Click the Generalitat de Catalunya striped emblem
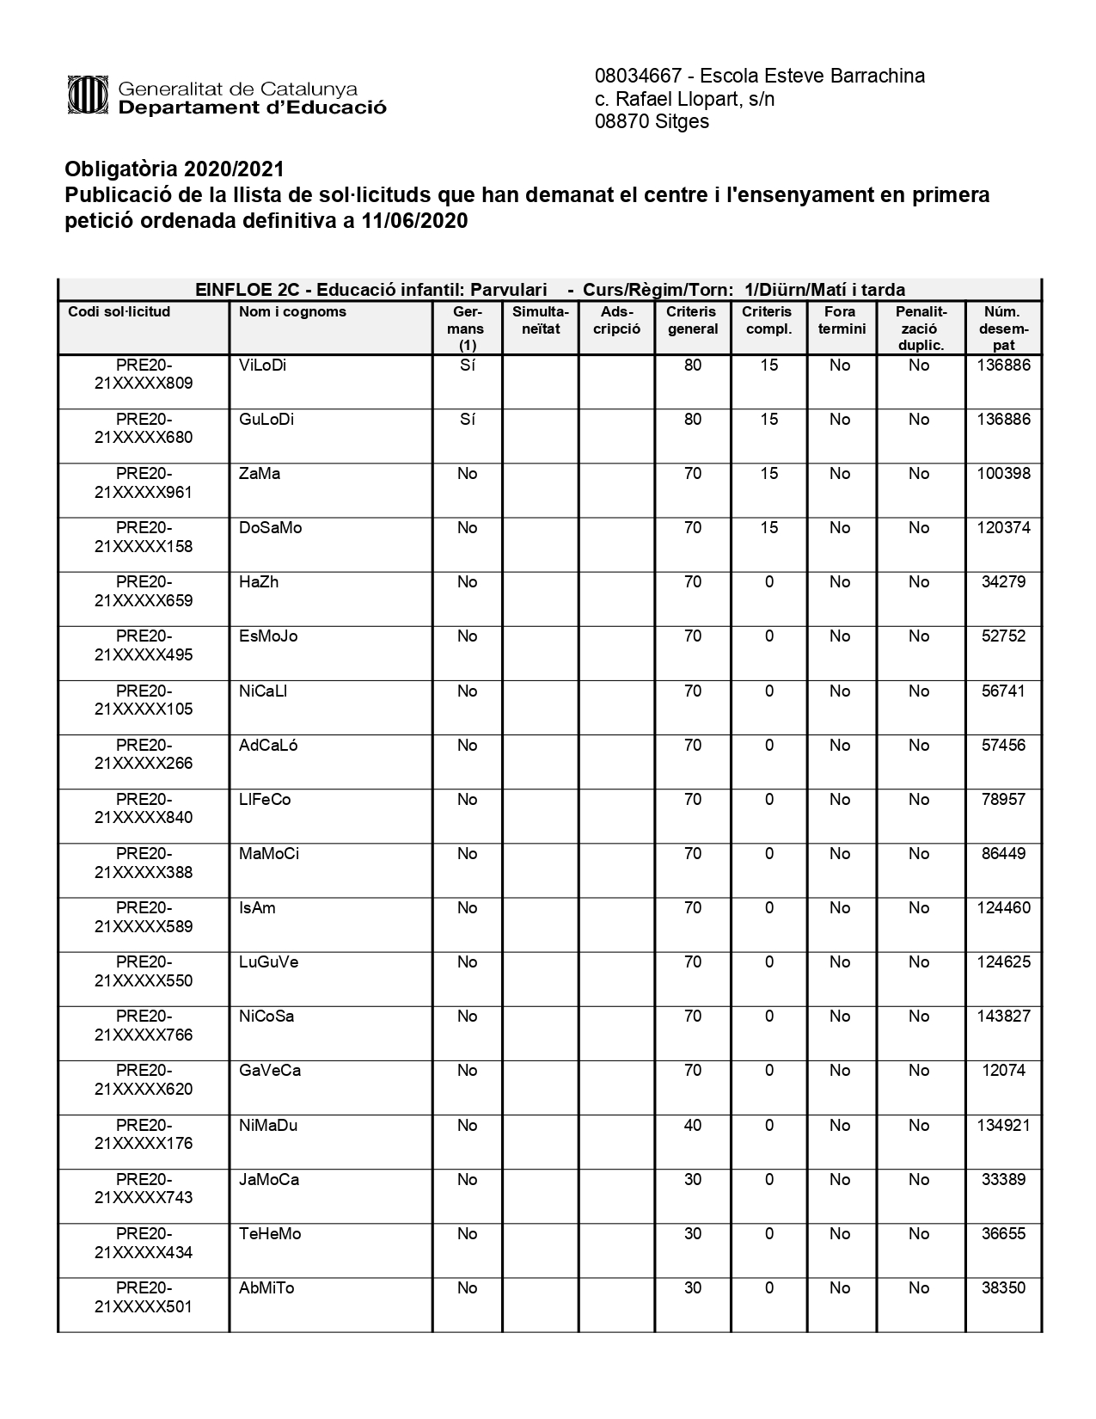[x=87, y=95]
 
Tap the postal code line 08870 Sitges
[x=652, y=121]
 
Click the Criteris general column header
[x=692, y=320]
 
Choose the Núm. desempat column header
[x=1002, y=328]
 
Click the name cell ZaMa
[x=260, y=474]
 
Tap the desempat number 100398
[x=1003, y=474]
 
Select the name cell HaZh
[x=259, y=582]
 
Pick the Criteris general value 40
[x=692, y=1125]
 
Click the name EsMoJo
[x=268, y=636]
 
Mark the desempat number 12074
[x=1003, y=1071]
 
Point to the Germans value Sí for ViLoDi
[x=467, y=365]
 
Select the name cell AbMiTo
[x=266, y=1288]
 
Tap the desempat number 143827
[x=1003, y=1017]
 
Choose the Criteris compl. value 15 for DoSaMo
[x=768, y=528]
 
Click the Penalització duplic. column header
[x=920, y=328]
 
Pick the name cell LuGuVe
[x=268, y=962]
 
